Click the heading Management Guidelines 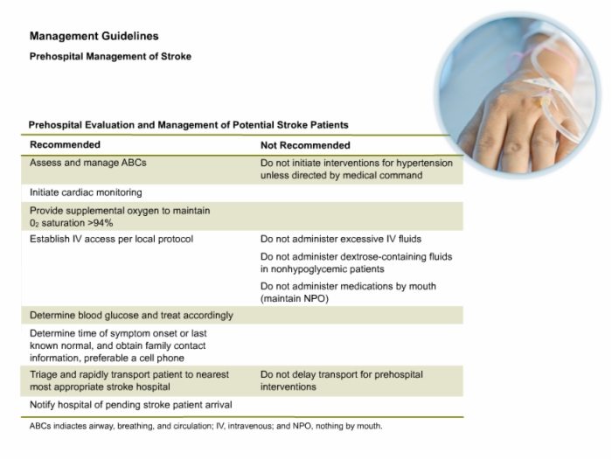[94, 36]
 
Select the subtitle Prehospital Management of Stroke [110, 56]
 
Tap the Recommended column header [66, 144]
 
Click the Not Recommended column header [305, 145]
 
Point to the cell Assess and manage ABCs [87, 163]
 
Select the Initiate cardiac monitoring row [86, 192]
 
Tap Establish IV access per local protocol [111, 239]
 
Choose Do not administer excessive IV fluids [341, 239]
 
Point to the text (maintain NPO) [295, 299]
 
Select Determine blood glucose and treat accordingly [131, 316]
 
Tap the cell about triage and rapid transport [129, 380]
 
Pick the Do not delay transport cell [342, 380]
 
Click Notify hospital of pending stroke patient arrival [131, 405]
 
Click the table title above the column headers [188, 125]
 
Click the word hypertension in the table [427, 163]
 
